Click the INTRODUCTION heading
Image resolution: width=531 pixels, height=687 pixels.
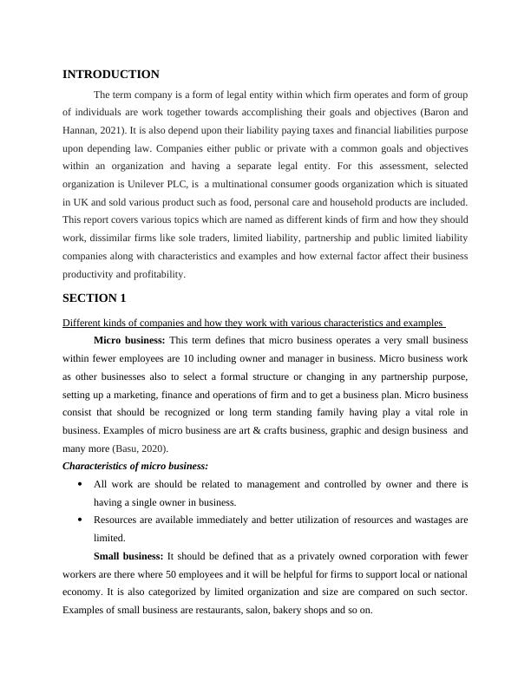(111, 75)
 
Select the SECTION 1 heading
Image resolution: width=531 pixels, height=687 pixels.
(95, 298)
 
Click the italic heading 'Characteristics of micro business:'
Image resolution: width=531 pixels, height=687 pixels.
(135, 466)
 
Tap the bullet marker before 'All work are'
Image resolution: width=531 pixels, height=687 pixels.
(80, 484)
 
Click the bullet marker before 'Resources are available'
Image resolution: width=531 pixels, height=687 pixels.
(80, 520)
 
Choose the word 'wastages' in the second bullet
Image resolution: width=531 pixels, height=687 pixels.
(425, 520)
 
